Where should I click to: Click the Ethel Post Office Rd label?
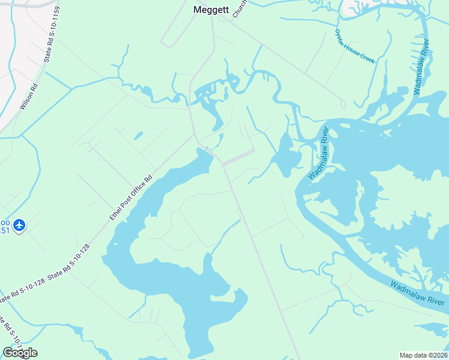click(131, 198)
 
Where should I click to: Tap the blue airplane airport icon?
click(19, 225)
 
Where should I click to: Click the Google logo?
click(20, 353)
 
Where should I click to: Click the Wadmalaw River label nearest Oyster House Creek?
click(422, 66)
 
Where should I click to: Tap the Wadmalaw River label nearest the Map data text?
click(417, 292)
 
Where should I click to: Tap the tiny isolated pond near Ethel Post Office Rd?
click(139, 136)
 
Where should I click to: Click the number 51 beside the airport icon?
click(5, 230)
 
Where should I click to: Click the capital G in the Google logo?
click(8, 353)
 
